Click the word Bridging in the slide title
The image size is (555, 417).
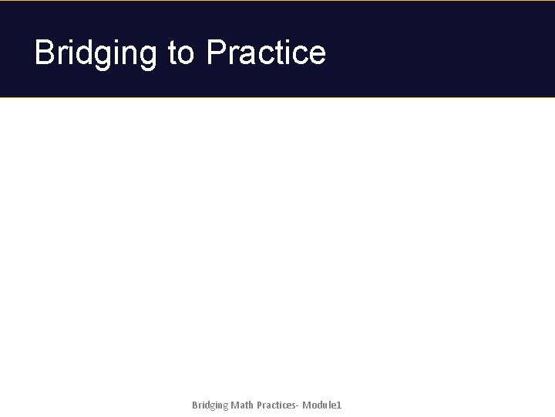coord(96,53)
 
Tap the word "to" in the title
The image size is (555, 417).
coord(181,53)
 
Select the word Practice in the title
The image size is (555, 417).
coord(266,53)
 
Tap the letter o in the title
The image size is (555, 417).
coord(187,54)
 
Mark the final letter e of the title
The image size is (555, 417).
coord(317,54)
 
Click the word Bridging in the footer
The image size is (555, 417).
coord(210,405)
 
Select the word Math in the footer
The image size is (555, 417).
coord(242,405)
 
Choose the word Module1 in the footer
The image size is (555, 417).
coord(321,405)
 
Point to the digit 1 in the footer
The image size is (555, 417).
coord(338,405)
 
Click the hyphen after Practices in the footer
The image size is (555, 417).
coord(299,406)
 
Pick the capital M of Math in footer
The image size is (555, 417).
coord(234,405)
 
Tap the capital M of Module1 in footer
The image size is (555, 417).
coord(307,405)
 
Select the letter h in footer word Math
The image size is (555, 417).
coord(251,405)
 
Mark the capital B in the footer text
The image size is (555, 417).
coord(195,405)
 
